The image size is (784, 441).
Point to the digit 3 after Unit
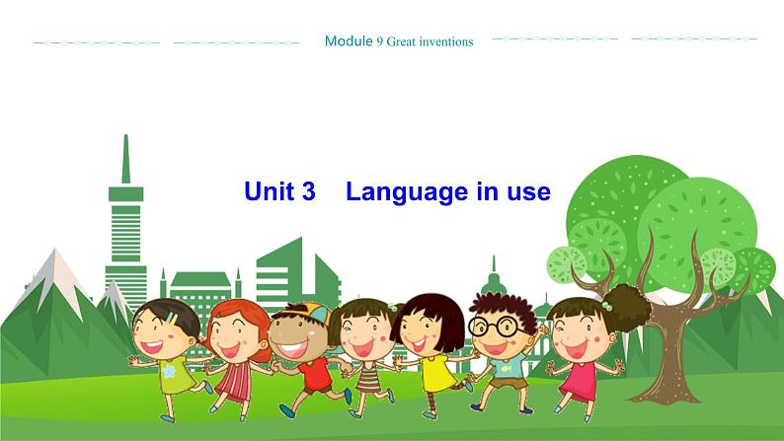point(308,191)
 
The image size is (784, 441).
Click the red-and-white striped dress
point(234,380)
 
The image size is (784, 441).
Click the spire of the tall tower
point(125,158)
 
